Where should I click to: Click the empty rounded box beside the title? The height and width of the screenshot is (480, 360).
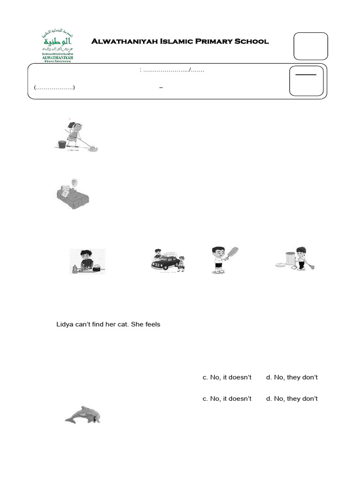(x=310, y=47)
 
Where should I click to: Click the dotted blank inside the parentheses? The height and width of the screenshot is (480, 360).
(x=54, y=88)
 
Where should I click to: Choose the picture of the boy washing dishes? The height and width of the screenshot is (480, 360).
(x=87, y=261)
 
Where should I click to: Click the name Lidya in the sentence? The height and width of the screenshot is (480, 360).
(x=64, y=324)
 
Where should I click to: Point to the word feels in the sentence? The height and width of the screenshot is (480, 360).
(x=151, y=324)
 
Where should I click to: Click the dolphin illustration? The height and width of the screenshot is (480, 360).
(x=82, y=415)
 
